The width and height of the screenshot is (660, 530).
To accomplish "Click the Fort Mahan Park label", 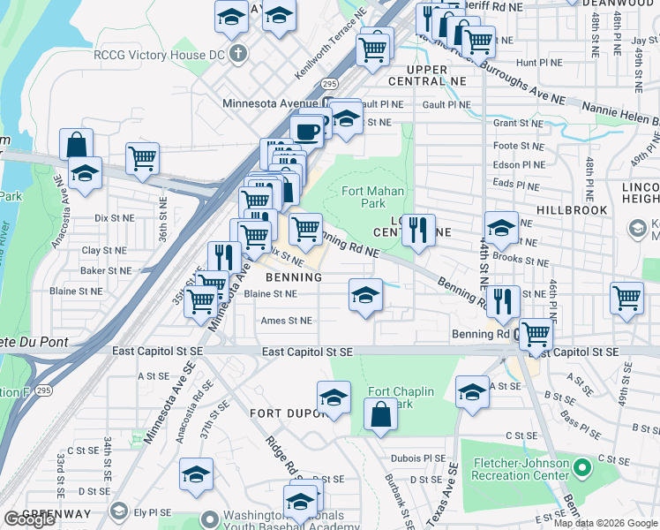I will click(372, 196).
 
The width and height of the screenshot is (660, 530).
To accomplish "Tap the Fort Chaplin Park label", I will click(390, 398).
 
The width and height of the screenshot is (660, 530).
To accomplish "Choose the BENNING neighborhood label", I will click(293, 276).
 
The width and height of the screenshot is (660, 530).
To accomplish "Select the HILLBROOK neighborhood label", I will click(572, 210).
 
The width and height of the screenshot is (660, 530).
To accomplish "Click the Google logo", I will click(29, 519).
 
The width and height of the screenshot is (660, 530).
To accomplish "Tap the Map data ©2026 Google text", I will click(605, 523).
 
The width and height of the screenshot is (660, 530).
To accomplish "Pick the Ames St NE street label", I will click(286, 321).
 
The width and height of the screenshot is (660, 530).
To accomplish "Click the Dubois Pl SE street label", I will click(422, 458).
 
